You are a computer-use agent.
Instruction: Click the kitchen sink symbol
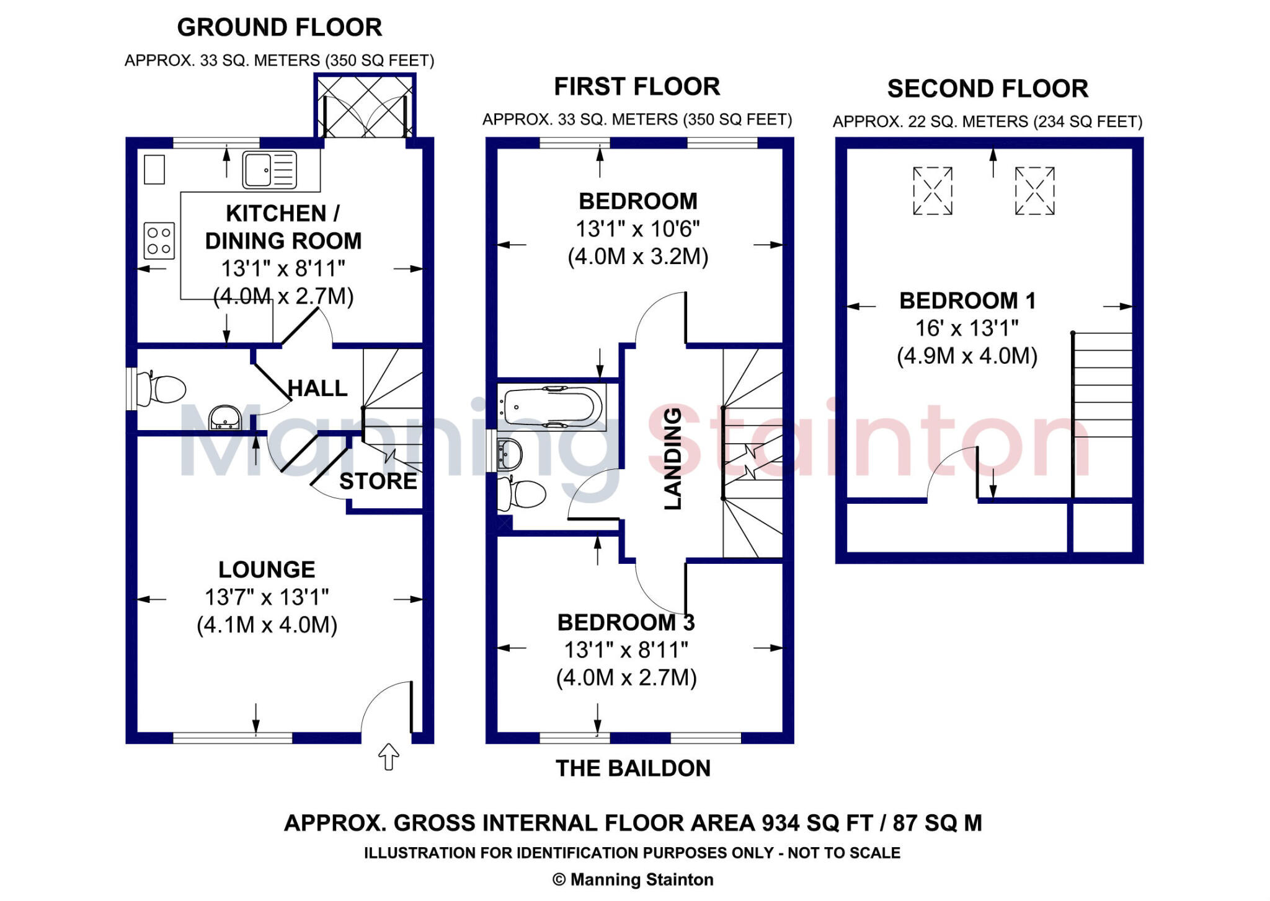coord(269,169)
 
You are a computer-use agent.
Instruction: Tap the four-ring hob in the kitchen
coord(159,240)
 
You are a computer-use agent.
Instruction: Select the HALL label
coord(317,389)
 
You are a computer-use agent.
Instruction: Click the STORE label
coord(378,481)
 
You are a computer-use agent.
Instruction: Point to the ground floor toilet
coord(162,389)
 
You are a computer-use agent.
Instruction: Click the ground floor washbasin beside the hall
coord(224,418)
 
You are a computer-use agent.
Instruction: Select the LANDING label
coord(673,459)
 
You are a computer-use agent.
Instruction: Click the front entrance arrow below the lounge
coord(388,756)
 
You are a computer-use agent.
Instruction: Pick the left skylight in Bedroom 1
coord(933,191)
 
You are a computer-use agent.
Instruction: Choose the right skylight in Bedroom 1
coord(1034,191)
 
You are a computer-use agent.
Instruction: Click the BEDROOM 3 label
coord(626,622)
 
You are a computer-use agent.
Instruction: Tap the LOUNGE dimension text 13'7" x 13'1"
coord(267,597)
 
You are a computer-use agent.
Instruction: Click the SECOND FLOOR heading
coord(987,89)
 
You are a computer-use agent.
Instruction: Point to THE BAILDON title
coord(633,768)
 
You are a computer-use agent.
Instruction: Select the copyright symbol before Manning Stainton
coord(559,880)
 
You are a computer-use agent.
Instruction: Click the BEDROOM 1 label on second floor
coord(967,301)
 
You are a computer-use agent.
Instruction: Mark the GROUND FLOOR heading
coord(280,27)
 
